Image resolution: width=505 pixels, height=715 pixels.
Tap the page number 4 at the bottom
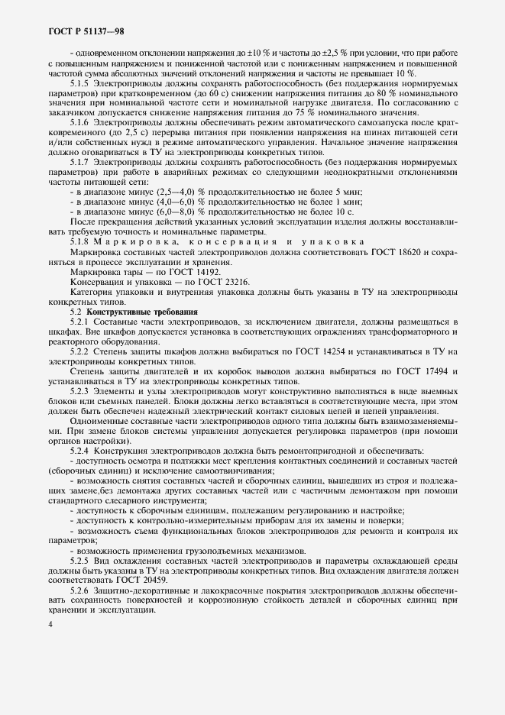coord(50,625)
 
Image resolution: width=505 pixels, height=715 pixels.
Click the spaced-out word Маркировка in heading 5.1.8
coord(134,241)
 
